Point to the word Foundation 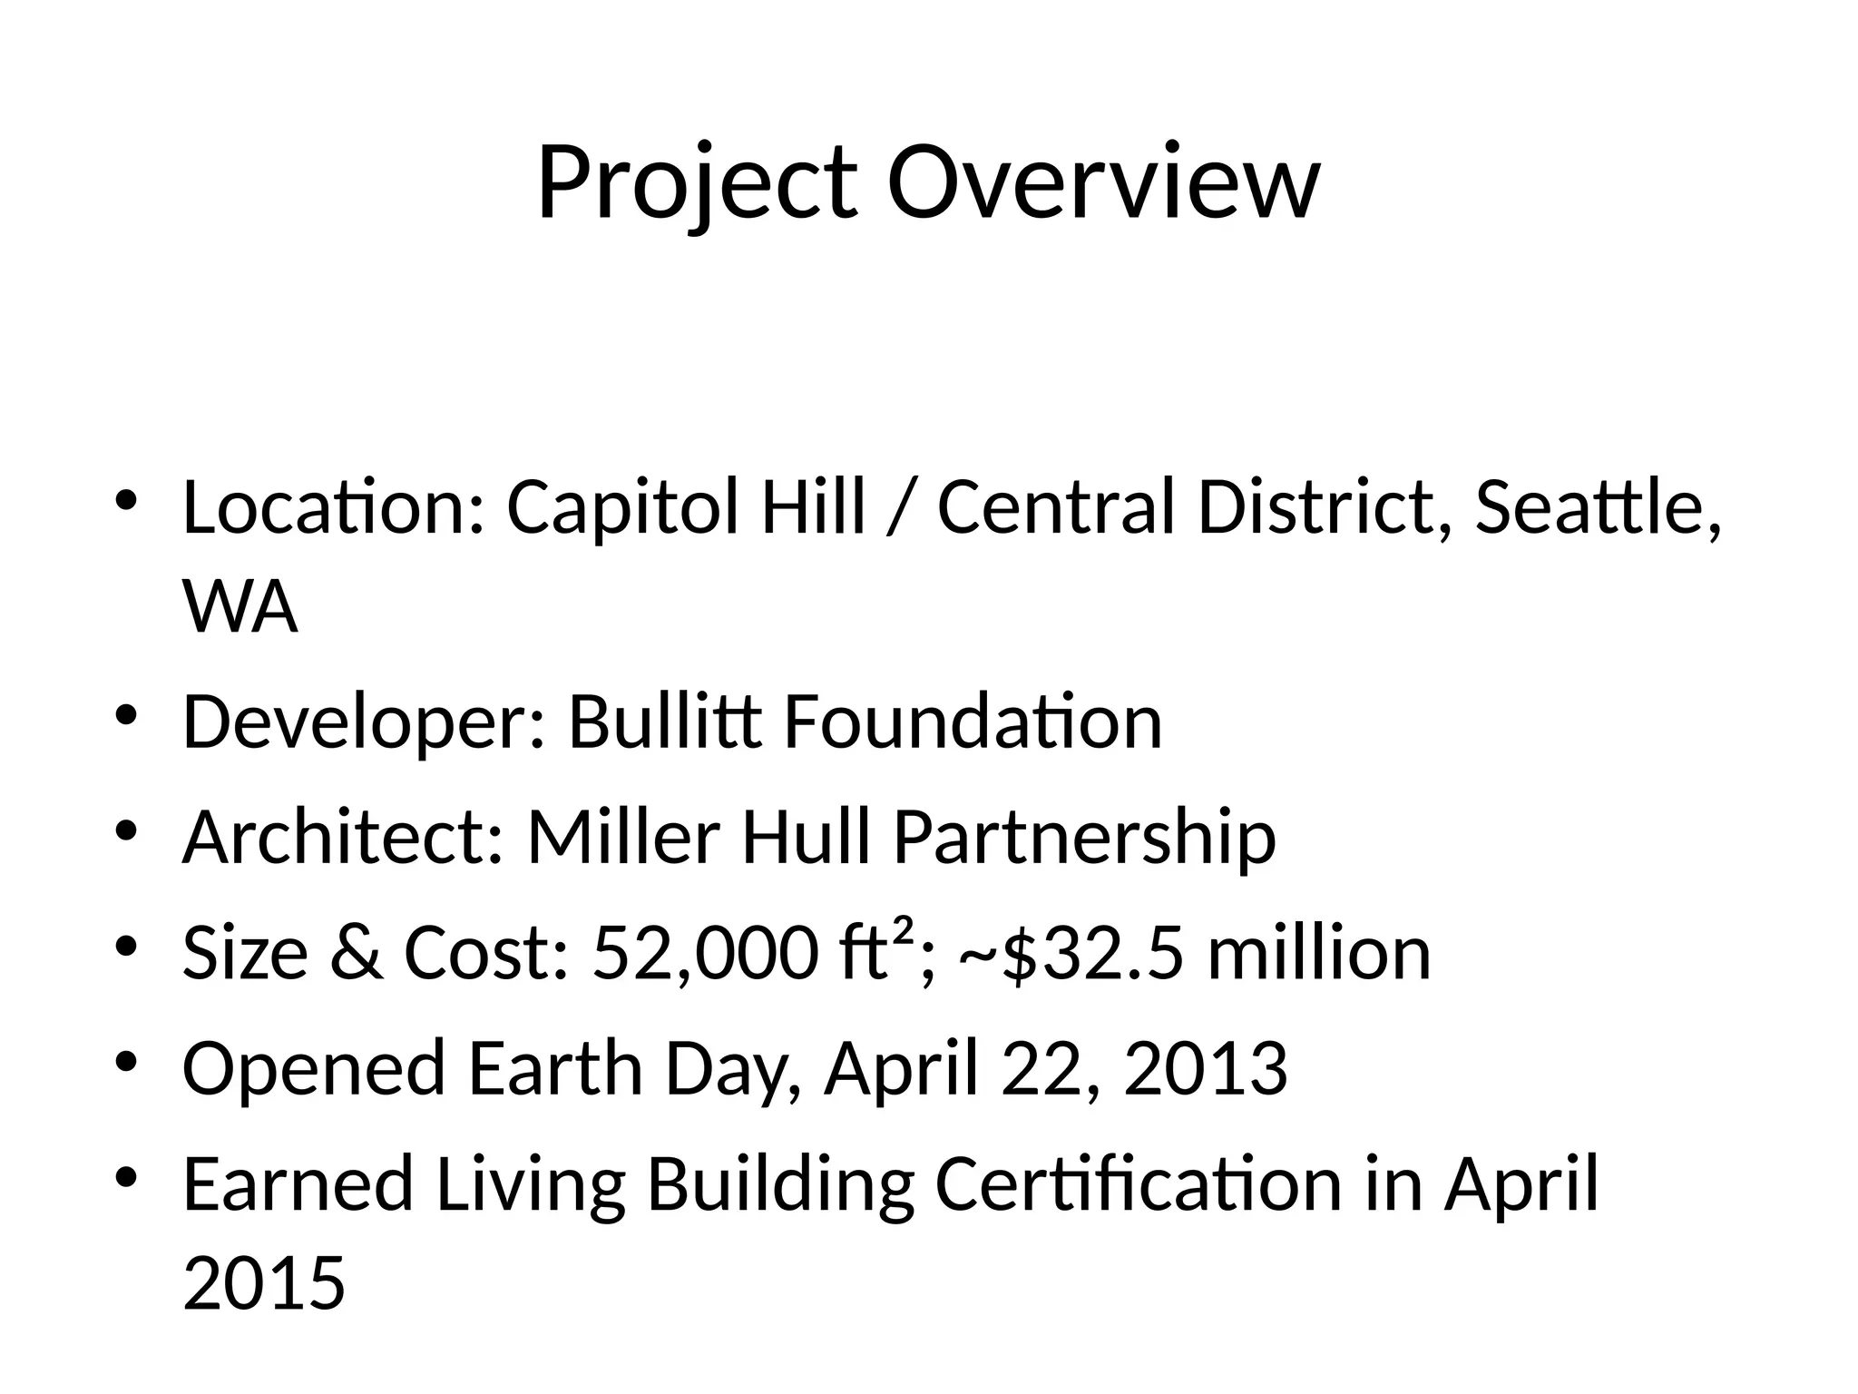coord(972,722)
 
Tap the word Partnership coord(1084,837)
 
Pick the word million coord(1319,953)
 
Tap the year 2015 coord(264,1282)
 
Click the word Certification coord(1138,1183)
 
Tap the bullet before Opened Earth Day coord(126,1062)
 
